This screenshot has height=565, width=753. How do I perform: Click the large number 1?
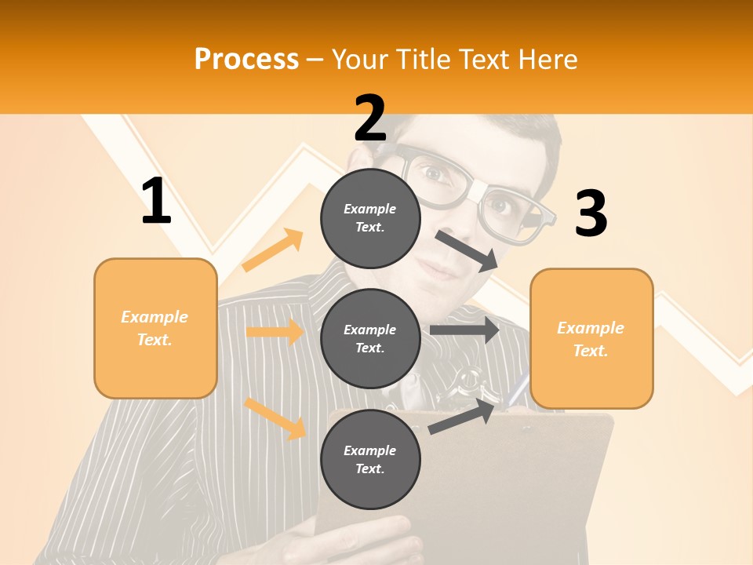click(x=156, y=201)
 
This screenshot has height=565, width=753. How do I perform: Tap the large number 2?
click(x=370, y=118)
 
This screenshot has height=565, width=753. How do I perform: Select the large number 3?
click(x=591, y=213)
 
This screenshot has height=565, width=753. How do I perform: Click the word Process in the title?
click(x=246, y=59)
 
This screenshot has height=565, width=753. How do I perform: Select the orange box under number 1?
click(x=155, y=328)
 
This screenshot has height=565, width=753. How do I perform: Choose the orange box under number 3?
click(x=591, y=338)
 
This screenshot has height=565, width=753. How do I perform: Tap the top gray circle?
click(x=370, y=218)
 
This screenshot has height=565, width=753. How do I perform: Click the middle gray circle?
click(x=370, y=338)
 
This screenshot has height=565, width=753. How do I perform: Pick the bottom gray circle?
click(x=370, y=459)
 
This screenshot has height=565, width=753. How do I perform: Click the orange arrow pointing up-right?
click(x=273, y=250)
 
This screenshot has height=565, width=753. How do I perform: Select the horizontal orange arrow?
click(x=275, y=332)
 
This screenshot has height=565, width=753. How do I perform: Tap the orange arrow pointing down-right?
click(x=275, y=418)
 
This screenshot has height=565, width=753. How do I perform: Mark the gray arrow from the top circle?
click(x=467, y=250)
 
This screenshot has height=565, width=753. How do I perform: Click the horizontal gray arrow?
click(x=464, y=330)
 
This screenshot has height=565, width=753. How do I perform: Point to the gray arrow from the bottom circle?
click(x=463, y=417)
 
